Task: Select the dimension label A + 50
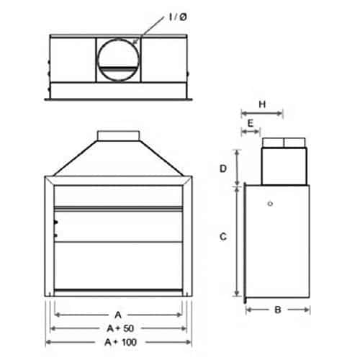point(120,328)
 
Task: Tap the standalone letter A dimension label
point(120,315)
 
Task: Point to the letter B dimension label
point(277,310)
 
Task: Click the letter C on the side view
point(224,235)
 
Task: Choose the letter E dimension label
point(250,123)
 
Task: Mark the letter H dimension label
point(262,104)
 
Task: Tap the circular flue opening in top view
point(118,60)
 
